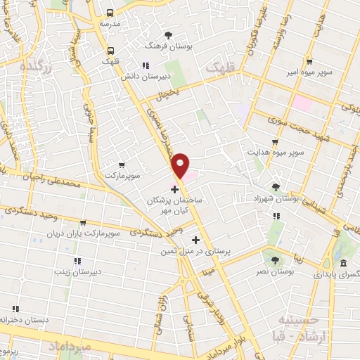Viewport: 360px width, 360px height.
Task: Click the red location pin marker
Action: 181,165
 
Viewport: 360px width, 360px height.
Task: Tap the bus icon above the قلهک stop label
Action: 110,50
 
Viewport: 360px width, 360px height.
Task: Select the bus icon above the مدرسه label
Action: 110,13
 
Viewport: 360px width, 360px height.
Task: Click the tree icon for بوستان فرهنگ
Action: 167,34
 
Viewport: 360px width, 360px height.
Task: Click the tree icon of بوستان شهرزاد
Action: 275,187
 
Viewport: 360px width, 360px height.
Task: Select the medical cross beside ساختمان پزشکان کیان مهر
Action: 174,190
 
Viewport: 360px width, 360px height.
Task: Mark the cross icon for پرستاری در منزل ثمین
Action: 186,240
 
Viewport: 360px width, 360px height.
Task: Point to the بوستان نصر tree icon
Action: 275,260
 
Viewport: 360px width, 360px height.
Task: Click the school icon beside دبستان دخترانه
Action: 15,309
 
